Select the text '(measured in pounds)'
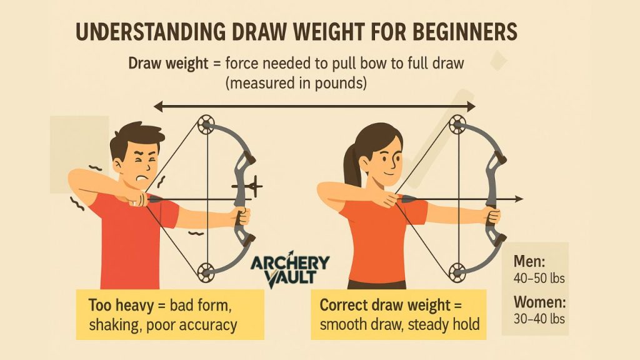click(296, 83)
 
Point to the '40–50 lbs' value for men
click(539, 278)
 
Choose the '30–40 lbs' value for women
click(539, 318)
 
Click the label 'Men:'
click(529, 261)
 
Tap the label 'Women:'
click(539, 302)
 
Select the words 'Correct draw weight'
click(385, 305)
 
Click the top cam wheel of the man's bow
click(206, 123)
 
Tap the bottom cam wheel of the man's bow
click(206, 272)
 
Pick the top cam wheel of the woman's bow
click(457, 124)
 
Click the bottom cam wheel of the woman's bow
click(457, 272)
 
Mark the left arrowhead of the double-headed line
click(157, 107)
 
